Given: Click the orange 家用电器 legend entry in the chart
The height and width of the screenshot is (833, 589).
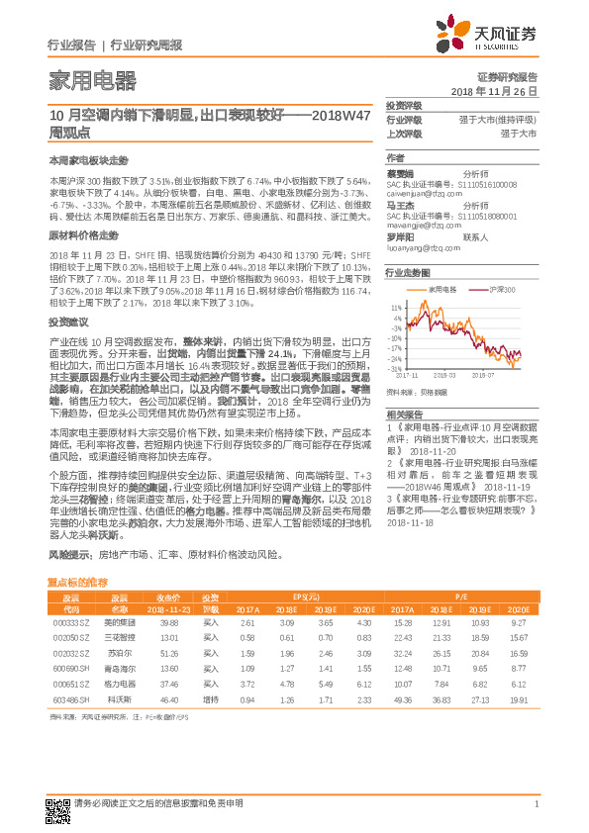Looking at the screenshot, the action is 442,288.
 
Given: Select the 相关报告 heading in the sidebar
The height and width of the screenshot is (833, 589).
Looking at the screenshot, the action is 406,414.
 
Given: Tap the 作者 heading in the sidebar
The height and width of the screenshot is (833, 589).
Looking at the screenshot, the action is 396,157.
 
